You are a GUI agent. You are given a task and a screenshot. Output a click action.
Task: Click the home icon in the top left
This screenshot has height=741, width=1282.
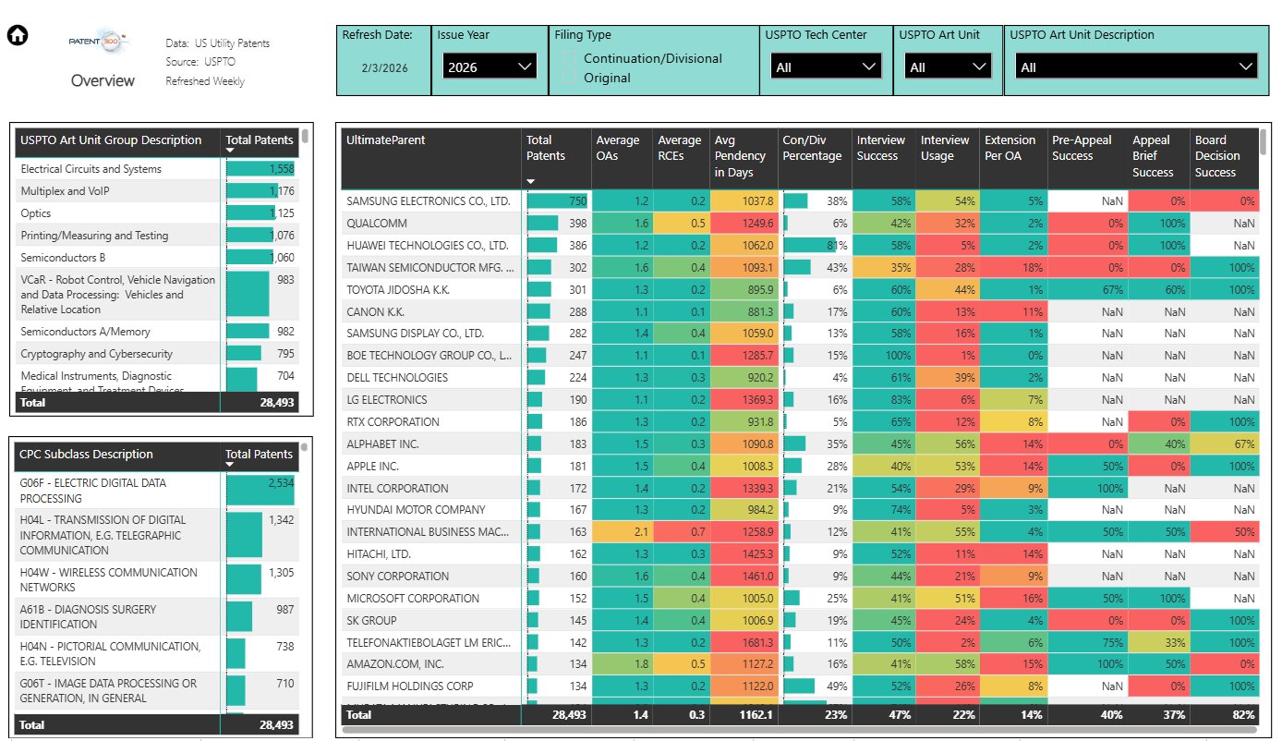[x=18, y=36]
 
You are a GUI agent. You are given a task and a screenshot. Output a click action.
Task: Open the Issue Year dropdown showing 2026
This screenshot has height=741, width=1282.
[x=489, y=67]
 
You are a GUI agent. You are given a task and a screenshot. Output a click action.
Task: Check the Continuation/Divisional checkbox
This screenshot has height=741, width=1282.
[x=570, y=58]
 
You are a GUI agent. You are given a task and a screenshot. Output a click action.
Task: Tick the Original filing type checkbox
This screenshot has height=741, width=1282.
[x=570, y=78]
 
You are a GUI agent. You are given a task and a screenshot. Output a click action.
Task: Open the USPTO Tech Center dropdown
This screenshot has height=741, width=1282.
[x=826, y=67]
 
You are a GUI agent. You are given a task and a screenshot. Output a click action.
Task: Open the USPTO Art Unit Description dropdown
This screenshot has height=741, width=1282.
[x=1135, y=67]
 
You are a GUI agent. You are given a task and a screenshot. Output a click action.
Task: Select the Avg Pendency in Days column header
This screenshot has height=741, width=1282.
[x=741, y=156]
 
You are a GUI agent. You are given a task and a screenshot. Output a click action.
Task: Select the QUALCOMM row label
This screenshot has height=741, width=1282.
[x=377, y=224]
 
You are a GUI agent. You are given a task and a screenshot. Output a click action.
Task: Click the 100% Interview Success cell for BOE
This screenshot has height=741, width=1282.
[x=883, y=356]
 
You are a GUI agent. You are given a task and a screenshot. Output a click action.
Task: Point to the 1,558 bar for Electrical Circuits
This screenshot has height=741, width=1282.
[x=260, y=169]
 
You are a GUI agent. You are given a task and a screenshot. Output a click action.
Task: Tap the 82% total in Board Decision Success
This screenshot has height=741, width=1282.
[x=1242, y=715]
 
